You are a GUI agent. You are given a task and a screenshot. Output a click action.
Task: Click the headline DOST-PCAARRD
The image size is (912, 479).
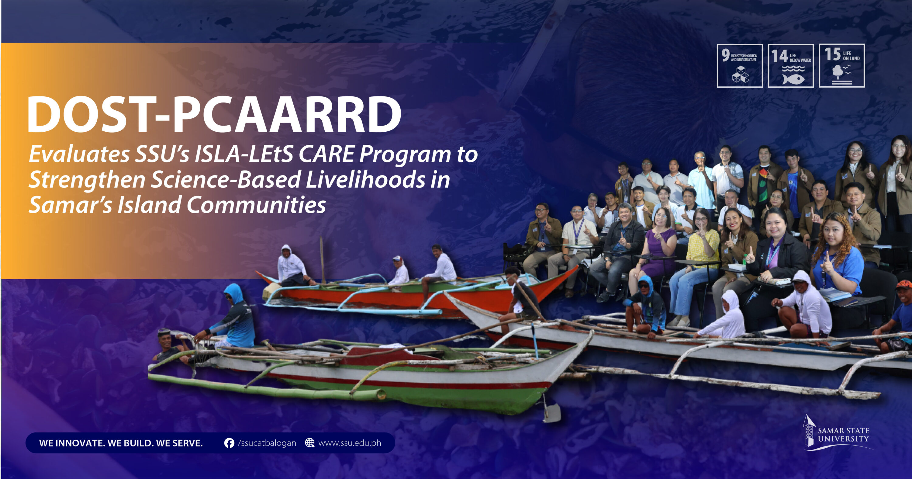pos(215,114)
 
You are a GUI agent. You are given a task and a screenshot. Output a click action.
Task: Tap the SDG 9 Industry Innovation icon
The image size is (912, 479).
pos(740,66)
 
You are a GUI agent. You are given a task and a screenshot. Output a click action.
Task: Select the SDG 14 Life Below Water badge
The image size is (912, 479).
pos(791,66)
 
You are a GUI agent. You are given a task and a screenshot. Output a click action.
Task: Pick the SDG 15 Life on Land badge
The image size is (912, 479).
pos(841,66)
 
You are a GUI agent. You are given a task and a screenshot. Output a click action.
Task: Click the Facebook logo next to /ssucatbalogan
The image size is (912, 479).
pos(229,443)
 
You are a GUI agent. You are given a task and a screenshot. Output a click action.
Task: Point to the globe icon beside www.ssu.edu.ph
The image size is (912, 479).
pos(310,443)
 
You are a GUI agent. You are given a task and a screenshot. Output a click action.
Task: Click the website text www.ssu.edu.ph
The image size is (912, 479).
pos(350,443)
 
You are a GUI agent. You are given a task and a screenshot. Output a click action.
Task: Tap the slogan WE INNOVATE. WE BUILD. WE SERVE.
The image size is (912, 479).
pos(121,443)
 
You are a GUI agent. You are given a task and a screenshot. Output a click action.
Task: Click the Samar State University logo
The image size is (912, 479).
pos(837,433)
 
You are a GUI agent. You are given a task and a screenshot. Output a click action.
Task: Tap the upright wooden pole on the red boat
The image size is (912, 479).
pos(322,260)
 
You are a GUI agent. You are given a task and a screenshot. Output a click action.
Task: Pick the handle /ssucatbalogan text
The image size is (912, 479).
pos(267,443)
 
